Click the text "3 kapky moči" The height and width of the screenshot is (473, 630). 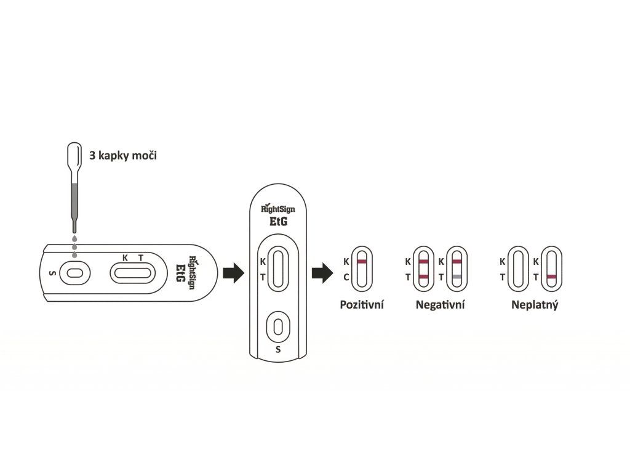[x=124, y=155]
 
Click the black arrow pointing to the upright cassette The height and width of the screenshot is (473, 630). [x=233, y=272]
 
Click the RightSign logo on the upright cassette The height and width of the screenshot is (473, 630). [x=278, y=209]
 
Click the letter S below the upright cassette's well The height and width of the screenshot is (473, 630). [x=278, y=350]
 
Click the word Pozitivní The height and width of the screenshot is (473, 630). [x=362, y=304]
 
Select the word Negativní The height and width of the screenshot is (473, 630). [x=440, y=304]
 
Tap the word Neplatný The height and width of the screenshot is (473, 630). [x=535, y=304]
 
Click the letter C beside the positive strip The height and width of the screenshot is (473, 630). [x=346, y=277]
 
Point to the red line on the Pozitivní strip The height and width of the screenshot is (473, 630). [x=362, y=262]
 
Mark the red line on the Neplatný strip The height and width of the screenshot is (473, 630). [x=552, y=277]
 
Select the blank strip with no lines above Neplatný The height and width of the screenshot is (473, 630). [x=519, y=269]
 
